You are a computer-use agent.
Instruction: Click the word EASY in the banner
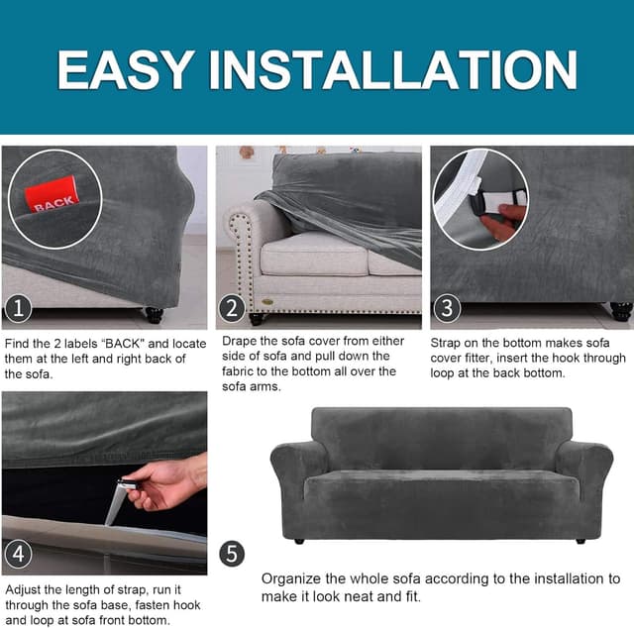[x=125, y=69]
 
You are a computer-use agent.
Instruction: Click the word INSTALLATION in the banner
[x=392, y=69]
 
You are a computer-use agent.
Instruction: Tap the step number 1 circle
[x=18, y=308]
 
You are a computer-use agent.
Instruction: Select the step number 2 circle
[x=232, y=308]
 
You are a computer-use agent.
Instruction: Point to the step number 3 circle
[x=447, y=308]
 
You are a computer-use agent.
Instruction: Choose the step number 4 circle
[x=18, y=553]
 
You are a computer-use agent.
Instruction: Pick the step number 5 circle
[x=232, y=553]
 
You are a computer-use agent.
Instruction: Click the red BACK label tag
[x=52, y=194]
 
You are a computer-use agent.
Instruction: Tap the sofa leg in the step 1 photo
[x=155, y=314]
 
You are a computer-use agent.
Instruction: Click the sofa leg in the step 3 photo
[x=621, y=311]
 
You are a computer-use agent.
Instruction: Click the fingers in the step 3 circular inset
[x=502, y=222]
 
